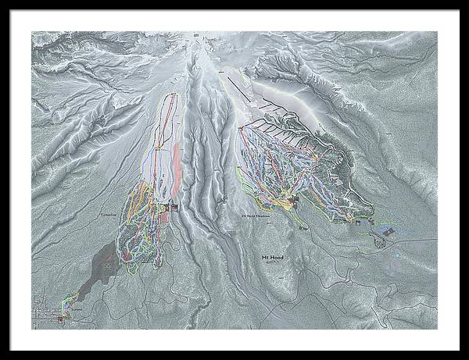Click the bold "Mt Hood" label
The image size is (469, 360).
click(x=274, y=258)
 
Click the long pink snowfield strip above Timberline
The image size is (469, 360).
click(x=178, y=168)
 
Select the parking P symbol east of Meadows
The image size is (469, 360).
click(x=357, y=223)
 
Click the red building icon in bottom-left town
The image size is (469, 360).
click(x=62, y=319)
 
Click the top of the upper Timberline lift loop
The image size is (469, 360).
click(x=171, y=95)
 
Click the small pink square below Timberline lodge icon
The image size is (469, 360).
click(x=165, y=216)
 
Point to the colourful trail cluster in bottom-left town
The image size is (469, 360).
click(x=69, y=301)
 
